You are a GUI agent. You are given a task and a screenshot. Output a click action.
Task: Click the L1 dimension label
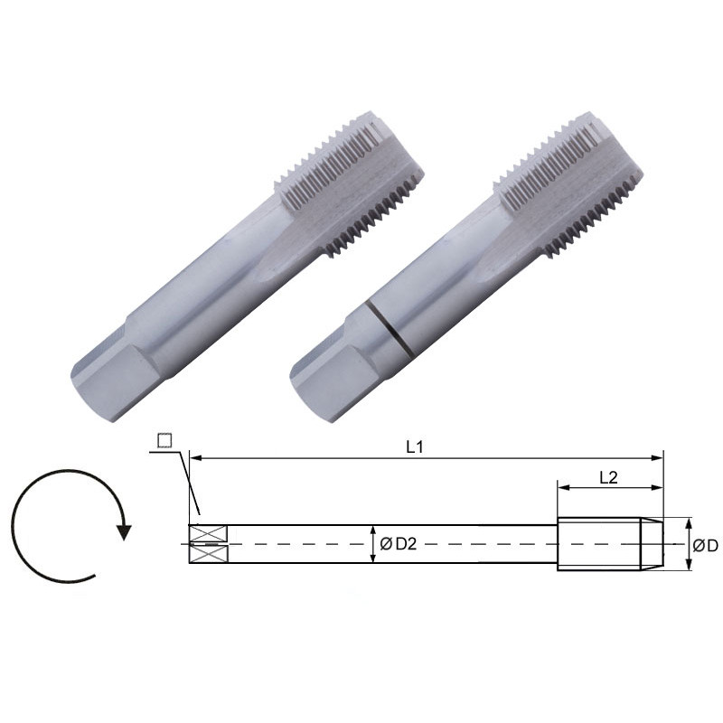(x=415, y=446)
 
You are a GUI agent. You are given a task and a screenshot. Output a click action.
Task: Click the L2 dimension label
(x=608, y=478)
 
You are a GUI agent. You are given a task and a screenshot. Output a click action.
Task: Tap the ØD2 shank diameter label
(x=399, y=544)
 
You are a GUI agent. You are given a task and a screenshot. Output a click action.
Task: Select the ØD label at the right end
(x=705, y=545)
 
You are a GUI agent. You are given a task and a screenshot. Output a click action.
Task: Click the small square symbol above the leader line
(x=164, y=440)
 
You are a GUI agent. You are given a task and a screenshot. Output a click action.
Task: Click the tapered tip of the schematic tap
(x=653, y=544)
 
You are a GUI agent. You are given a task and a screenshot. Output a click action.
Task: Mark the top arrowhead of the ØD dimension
(x=690, y=523)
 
